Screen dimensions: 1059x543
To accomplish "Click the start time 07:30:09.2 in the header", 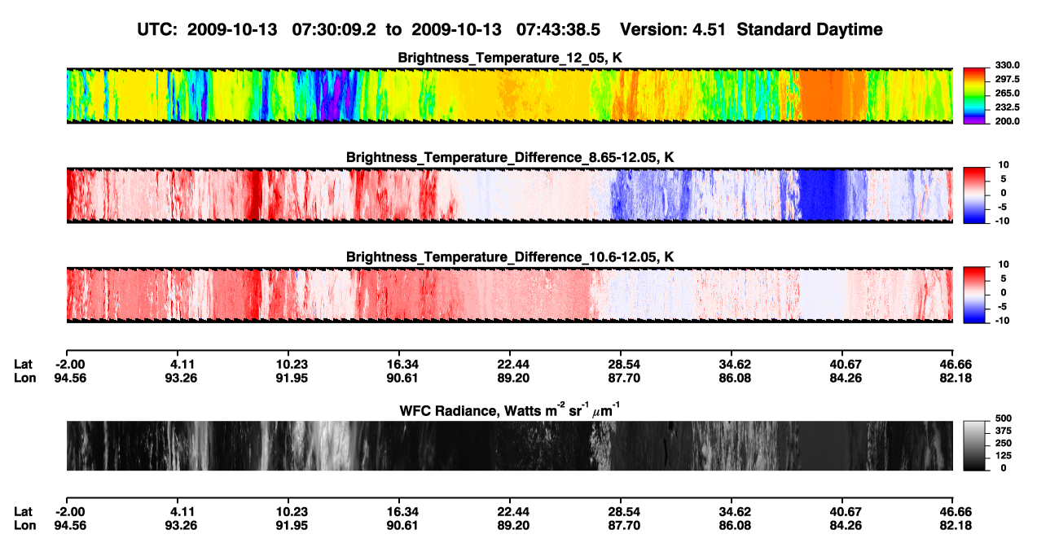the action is click(334, 30).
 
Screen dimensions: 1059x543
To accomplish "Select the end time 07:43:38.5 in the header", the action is click(558, 30).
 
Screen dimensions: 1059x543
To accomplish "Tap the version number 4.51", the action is click(709, 30).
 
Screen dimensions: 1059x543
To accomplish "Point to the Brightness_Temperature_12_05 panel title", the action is click(510, 58).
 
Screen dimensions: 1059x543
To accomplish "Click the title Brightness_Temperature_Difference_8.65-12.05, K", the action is click(510, 157).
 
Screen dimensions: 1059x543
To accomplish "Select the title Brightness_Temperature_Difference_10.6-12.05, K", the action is click(510, 257).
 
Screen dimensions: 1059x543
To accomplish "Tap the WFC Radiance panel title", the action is click(510, 409).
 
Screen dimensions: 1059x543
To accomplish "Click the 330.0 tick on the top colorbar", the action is click(1007, 65).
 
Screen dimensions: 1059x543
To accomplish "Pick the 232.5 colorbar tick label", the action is click(1007, 107).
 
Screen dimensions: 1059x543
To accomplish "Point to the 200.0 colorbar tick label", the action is click(1007, 121).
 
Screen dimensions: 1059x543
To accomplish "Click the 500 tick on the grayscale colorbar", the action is click(1004, 418).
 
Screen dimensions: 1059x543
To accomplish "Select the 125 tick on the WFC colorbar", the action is click(1004, 456).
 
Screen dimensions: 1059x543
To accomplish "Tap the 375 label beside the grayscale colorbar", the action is click(1004, 431).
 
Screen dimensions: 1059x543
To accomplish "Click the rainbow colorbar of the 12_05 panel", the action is click(974, 96).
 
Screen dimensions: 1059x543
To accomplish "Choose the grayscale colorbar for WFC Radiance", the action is click(974, 445).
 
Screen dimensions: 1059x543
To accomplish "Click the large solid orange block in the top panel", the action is click(833, 96).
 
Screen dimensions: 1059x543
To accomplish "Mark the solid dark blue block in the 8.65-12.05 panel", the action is click(822, 195).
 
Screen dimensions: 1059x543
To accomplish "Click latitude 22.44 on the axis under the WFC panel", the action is click(513, 512).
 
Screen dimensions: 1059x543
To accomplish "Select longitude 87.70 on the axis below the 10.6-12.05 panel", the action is click(624, 379).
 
